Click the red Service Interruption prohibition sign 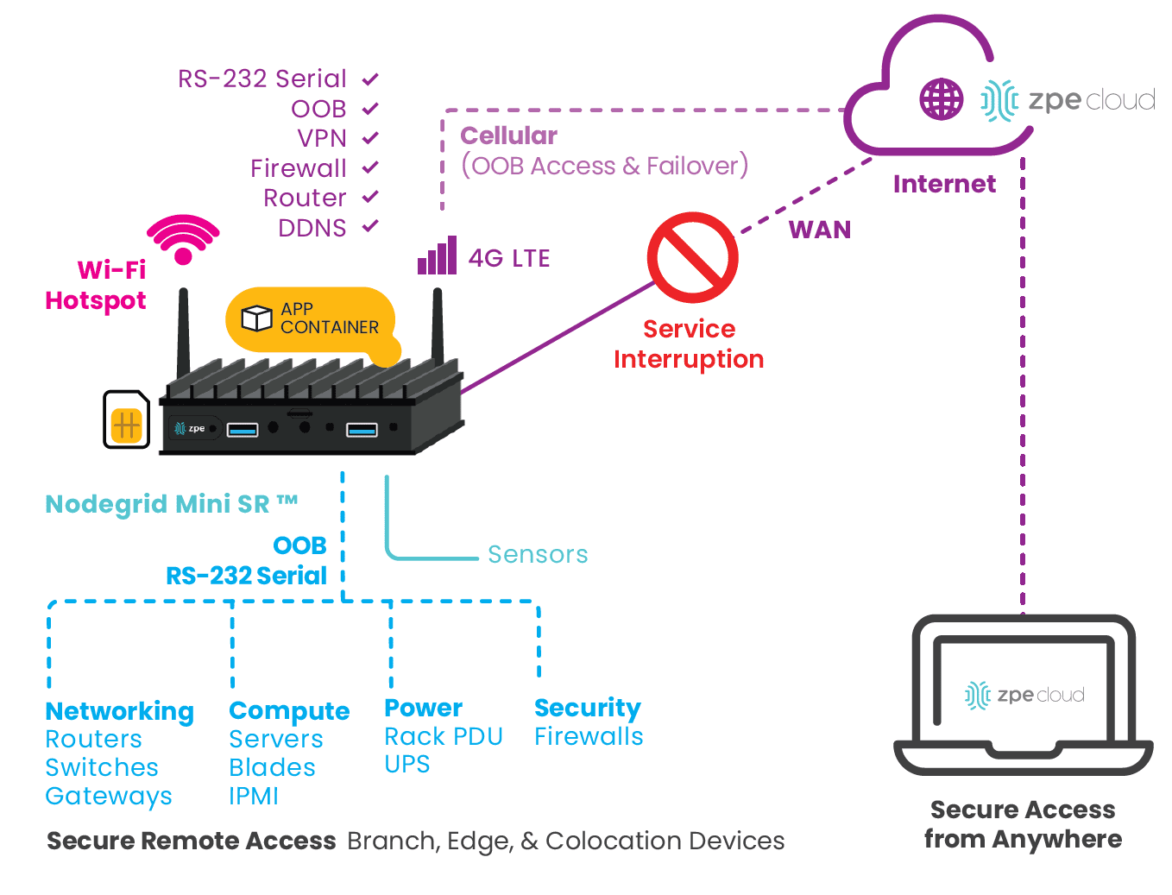coord(692,257)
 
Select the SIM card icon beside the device coord(127,420)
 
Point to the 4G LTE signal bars coord(437,256)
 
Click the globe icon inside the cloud coord(941,99)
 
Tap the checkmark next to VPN coord(370,138)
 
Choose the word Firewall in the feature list coord(299,168)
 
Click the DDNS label coord(312,228)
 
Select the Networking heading coord(119,711)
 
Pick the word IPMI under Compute coord(254,796)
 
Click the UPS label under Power coord(406,765)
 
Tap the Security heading coord(587,708)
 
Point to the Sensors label coord(538,554)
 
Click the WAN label coord(819,230)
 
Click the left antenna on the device coord(183,332)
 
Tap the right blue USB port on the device coord(362,429)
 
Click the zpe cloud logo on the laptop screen coord(1024,695)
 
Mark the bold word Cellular coord(508,136)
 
